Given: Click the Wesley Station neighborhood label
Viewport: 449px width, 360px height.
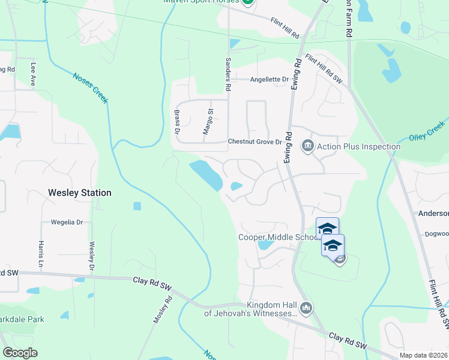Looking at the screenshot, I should point(79,193).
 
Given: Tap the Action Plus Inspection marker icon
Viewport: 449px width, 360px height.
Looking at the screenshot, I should point(308,146).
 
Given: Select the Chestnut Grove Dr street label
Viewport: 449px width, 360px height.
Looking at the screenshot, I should point(255,142).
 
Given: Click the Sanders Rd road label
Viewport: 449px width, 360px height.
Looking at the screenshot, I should point(228,74).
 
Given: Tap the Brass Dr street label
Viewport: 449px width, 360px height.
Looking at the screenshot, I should point(177,121).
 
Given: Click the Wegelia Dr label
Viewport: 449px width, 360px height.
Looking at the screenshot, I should point(66,222).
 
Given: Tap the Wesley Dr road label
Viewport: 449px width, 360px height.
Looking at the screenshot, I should point(92,256).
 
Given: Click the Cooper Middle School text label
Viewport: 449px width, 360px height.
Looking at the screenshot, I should point(277,237).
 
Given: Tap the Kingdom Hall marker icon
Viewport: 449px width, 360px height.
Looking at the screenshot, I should point(306,308).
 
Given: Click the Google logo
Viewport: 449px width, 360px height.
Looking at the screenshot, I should point(20,352).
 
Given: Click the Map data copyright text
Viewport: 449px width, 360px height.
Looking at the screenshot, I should point(423,355).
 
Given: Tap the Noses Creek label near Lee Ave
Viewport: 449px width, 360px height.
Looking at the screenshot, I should point(91,88).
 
